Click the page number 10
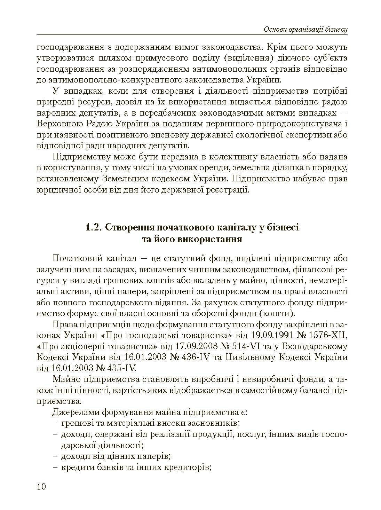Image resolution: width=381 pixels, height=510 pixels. (41, 486)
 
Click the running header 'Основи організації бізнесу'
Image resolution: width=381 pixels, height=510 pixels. (306, 29)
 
